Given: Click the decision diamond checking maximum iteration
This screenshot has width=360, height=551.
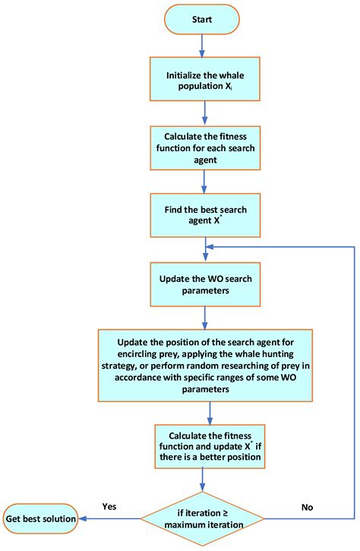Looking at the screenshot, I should click(x=202, y=518).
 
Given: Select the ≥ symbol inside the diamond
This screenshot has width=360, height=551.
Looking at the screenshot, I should click(x=227, y=512).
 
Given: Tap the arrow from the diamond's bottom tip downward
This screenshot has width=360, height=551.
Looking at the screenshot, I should click(x=202, y=545).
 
